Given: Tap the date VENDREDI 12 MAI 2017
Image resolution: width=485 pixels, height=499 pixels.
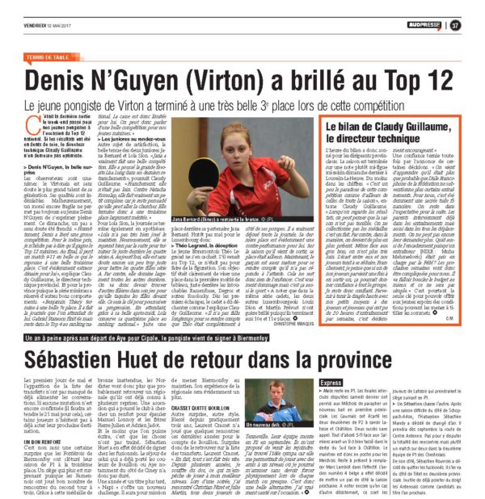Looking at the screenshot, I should (47, 25).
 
